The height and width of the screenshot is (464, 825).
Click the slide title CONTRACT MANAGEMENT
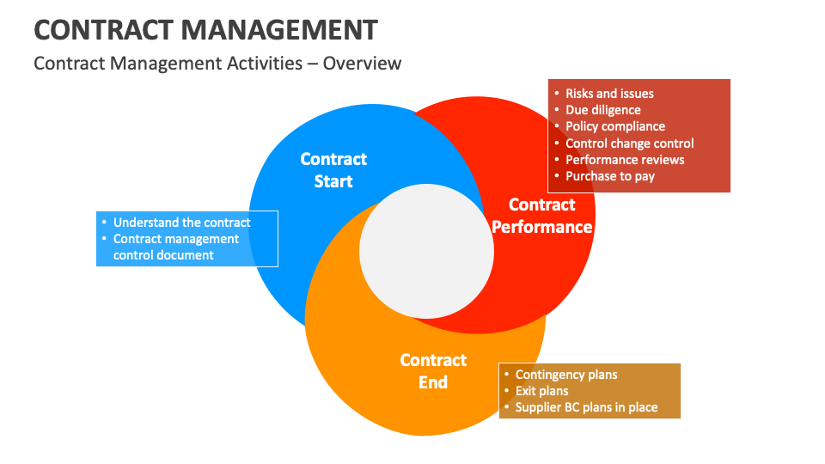coord(205,30)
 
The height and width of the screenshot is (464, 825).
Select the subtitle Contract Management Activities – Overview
coord(217,64)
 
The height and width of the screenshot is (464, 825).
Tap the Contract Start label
coord(333,170)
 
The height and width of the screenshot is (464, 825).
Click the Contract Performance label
coord(541,216)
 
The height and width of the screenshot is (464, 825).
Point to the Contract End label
coord(433,371)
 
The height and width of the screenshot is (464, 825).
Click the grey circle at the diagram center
coord(426,250)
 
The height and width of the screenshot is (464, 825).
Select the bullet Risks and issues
coord(609,94)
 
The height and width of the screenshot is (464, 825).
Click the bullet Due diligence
coord(602,110)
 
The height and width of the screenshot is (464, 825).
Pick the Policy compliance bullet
coord(614,126)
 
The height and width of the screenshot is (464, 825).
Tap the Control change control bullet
coord(629,143)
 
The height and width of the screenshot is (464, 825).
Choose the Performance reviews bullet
coord(625,160)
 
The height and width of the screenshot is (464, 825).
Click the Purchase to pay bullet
coord(609,176)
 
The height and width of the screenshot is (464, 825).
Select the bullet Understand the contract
coord(181,223)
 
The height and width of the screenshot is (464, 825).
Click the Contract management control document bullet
coord(175,247)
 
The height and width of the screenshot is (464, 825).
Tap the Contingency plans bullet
coord(565,375)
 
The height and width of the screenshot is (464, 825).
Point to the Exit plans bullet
coord(541,391)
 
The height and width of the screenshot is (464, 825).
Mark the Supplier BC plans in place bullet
coord(586,407)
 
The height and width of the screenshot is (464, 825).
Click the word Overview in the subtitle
coord(362,64)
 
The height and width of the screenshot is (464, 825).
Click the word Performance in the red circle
coord(541,227)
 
